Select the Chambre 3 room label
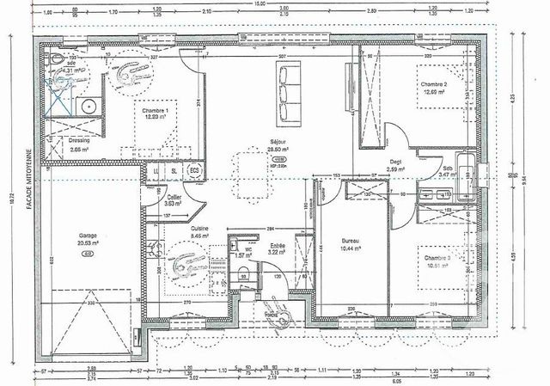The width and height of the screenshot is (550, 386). click(434, 258)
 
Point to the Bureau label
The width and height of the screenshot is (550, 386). click(350, 241)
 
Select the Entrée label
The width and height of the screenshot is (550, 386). click(278, 245)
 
